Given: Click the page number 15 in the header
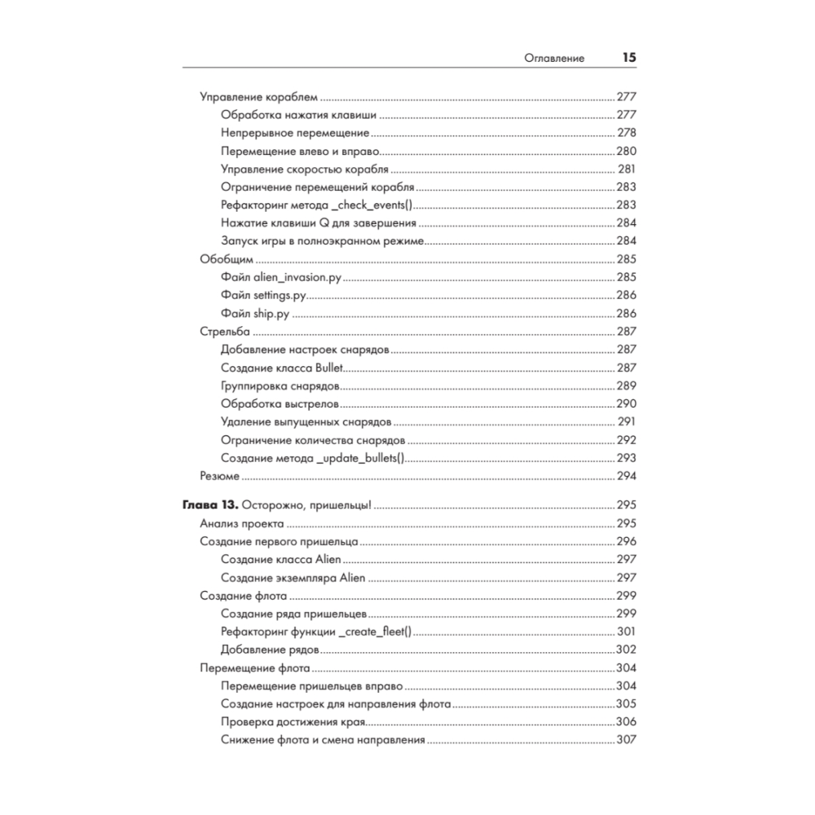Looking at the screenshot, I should [x=628, y=58].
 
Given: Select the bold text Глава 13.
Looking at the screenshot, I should [x=208, y=505].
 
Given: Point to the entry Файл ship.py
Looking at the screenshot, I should [x=256, y=313].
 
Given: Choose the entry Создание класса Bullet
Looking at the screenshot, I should [x=282, y=368].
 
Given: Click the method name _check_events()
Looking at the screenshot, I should [x=375, y=205].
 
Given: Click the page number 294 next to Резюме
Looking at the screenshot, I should [x=626, y=476].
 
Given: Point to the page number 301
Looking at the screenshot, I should [x=626, y=632].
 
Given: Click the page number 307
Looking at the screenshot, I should [x=626, y=740].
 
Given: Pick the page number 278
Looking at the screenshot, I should [x=626, y=133].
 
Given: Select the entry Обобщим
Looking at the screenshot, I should [x=227, y=259].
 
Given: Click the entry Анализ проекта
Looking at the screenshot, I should [x=242, y=523].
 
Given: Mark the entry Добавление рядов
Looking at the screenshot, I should [x=269, y=650].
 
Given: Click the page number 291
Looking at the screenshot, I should [x=626, y=422].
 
